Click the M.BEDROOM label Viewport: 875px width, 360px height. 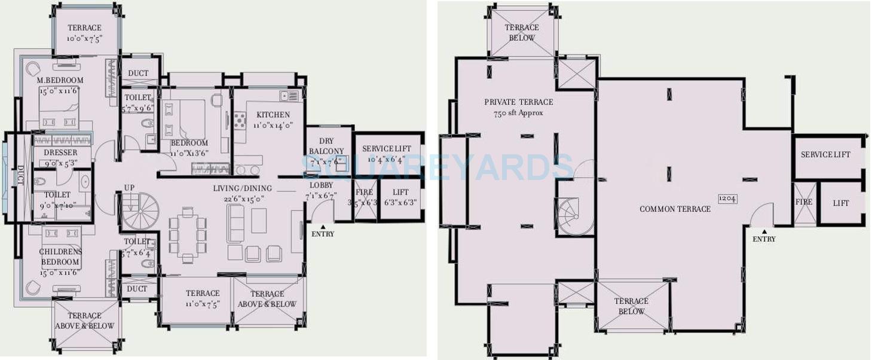[x=60, y=80]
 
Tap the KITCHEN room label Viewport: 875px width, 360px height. [x=273, y=115]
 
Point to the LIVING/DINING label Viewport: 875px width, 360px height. [x=242, y=188]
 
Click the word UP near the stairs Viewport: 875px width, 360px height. [x=129, y=188]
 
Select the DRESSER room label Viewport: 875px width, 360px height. [x=60, y=152]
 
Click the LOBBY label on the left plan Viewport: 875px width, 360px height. [x=321, y=185]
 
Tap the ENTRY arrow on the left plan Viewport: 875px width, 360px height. [x=323, y=227]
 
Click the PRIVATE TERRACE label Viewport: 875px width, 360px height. [x=518, y=102]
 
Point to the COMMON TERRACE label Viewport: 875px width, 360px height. [x=675, y=209]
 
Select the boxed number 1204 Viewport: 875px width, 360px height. [x=727, y=199]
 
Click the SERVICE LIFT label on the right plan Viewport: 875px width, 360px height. [x=825, y=155]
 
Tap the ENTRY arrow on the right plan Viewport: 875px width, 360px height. [x=764, y=231]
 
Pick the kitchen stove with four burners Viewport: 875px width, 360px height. [x=240, y=120]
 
